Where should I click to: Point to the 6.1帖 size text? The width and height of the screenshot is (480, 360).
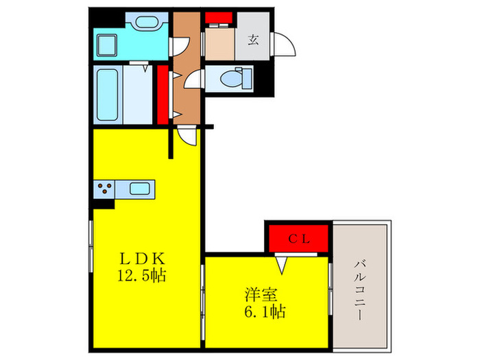point(264,312)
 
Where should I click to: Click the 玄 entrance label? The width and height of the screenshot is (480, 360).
point(253,40)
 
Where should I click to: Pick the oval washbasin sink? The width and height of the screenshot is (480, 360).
point(145,22)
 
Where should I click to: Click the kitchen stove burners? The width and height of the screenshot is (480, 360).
point(105,188)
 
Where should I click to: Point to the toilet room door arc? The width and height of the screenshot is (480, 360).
point(194,81)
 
